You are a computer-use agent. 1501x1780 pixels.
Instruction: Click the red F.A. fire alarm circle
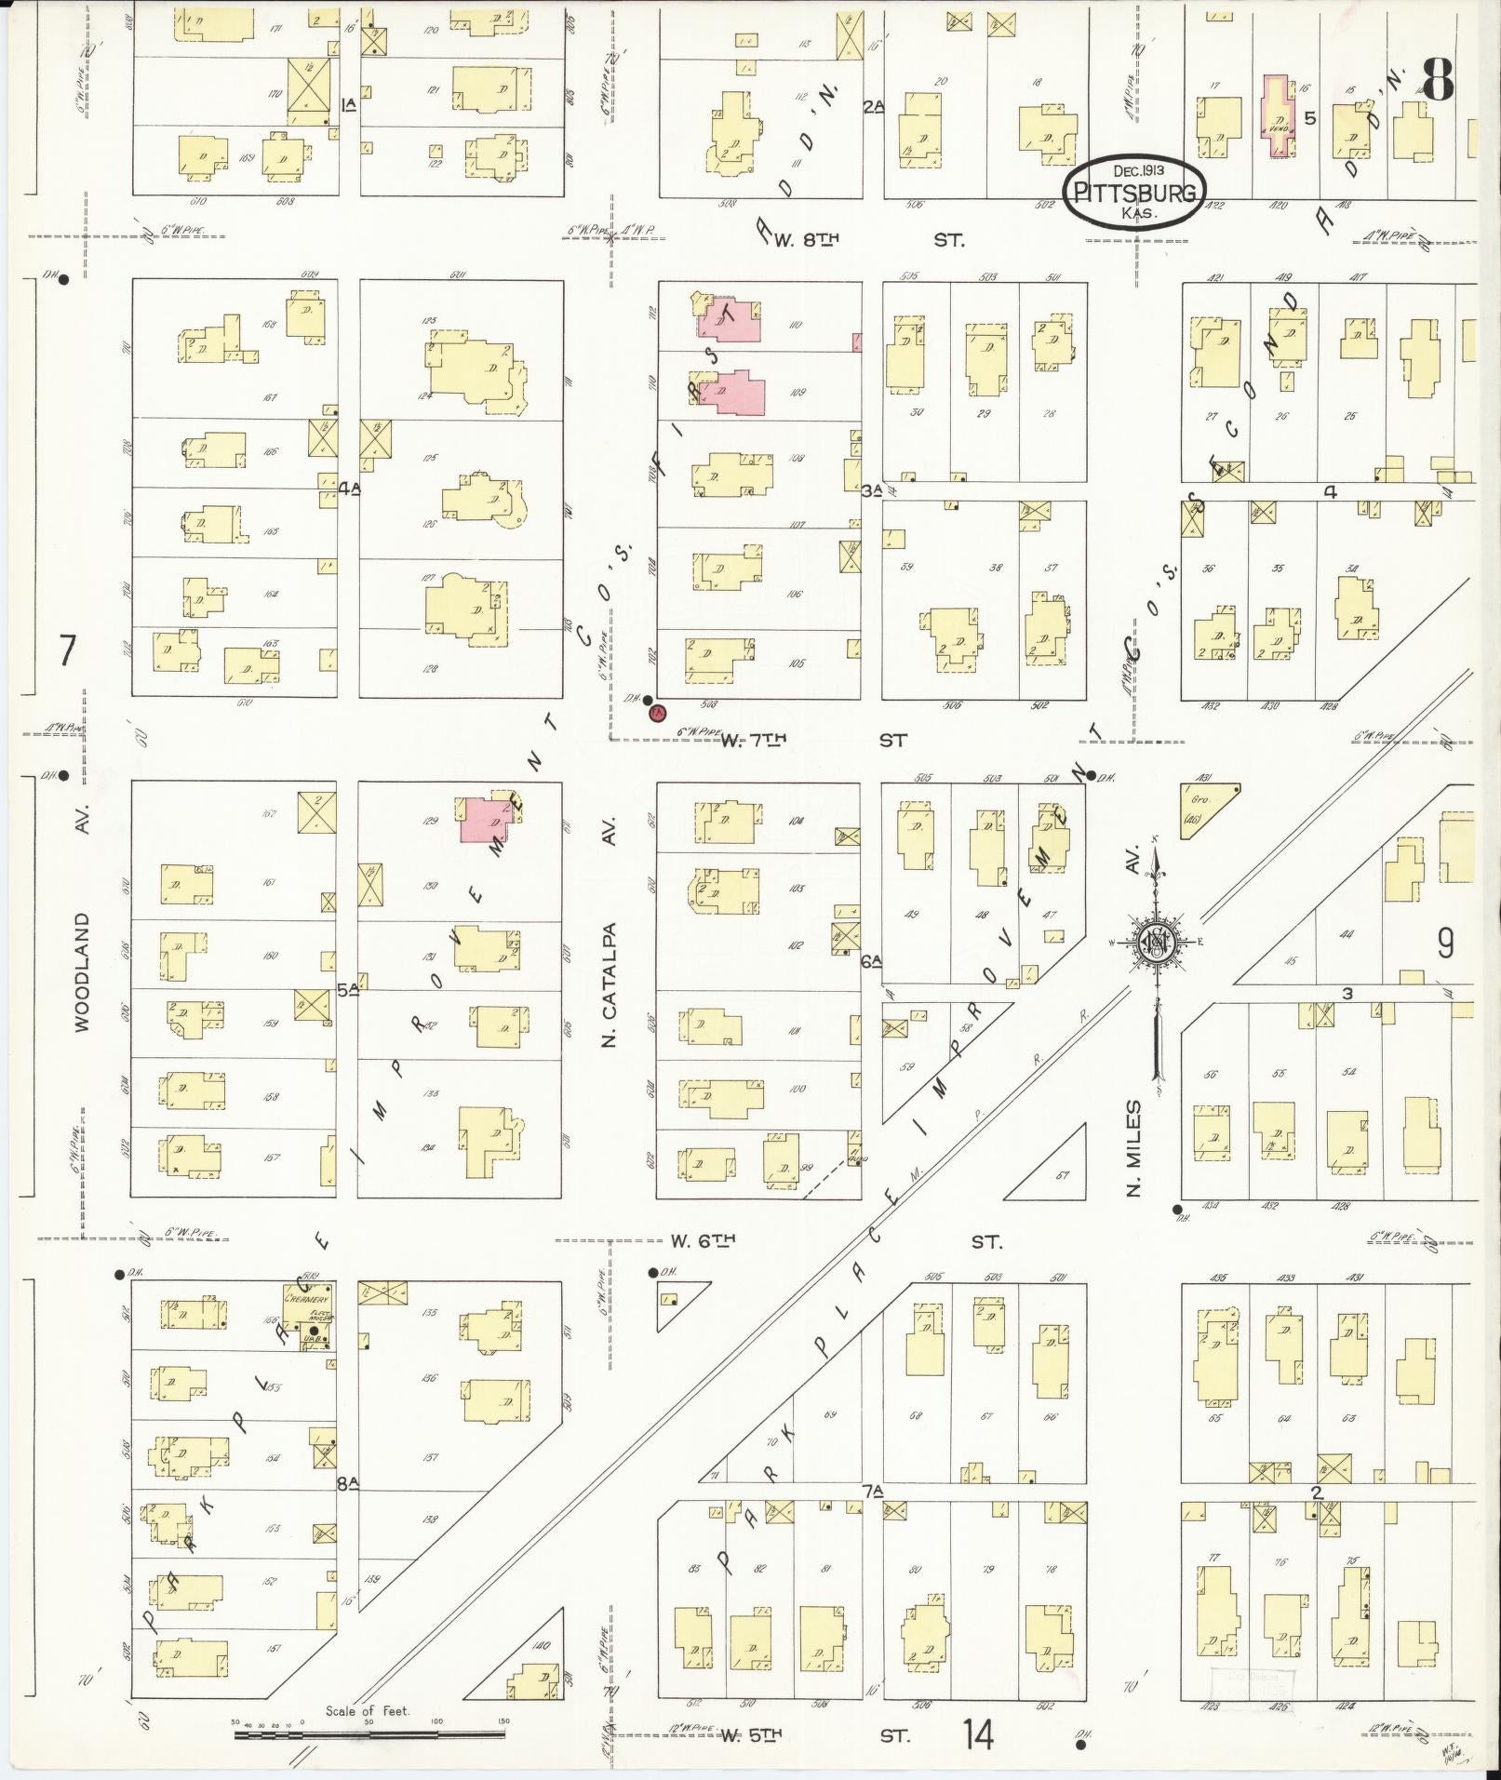(657, 714)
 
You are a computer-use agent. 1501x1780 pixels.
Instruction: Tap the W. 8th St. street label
(806, 240)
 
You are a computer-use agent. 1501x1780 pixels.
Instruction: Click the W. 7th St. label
(755, 740)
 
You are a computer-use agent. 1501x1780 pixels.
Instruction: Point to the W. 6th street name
(704, 1240)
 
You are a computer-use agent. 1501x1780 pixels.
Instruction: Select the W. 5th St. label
(752, 1734)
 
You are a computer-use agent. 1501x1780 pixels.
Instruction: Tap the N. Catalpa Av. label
(610, 982)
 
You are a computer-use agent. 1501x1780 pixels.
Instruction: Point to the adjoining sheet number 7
(66, 650)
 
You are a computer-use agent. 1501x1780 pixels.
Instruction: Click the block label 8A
(348, 1485)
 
